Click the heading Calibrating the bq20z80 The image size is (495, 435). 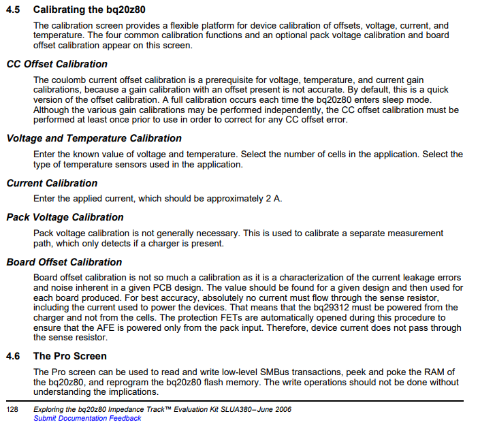pyautogui.click(x=89, y=10)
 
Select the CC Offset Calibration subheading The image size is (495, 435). pyautogui.click(x=57, y=64)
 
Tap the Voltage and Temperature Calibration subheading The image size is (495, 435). pyautogui.click(x=94, y=138)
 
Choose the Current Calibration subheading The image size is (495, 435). pyautogui.click(x=52, y=183)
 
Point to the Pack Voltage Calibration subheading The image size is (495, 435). pyautogui.click(x=65, y=217)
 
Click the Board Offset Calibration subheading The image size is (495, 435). pyautogui.click(x=64, y=262)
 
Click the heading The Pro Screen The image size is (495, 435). pyautogui.click(x=70, y=356)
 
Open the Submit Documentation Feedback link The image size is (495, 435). pyautogui.click(x=87, y=418)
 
